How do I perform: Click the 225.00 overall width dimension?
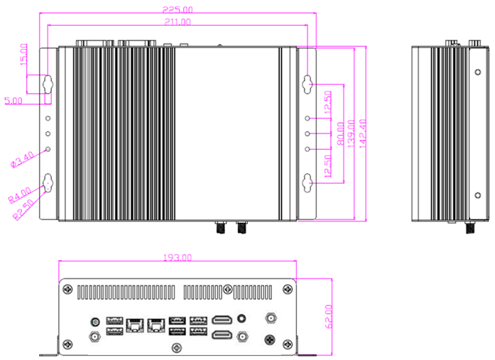[x=178, y=9]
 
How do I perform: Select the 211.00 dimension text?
[x=178, y=22]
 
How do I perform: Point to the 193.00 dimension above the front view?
[x=178, y=258]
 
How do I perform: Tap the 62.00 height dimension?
[x=328, y=317]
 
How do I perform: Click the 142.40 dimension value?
[x=363, y=133]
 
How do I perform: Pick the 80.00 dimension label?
[x=341, y=133]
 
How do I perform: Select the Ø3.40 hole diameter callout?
[x=22, y=159]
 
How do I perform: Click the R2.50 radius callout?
[x=23, y=209]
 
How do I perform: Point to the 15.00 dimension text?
[x=23, y=55]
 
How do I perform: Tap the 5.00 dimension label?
[x=13, y=101]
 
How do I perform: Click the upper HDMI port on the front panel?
[x=222, y=320]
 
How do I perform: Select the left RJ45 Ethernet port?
[x=135, y=325]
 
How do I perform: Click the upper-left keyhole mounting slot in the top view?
[x=48, y=84]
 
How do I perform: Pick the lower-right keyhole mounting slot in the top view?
[x=308, y=182]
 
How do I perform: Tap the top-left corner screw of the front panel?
[x=68, y=289]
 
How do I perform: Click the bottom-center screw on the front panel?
[x=176, y=348]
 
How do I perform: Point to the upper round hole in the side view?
[x=478, y=72]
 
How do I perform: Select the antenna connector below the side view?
[x=470, y=227]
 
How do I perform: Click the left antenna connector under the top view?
[x=220, y=227]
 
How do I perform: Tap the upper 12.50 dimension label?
[x=327, y=102]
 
